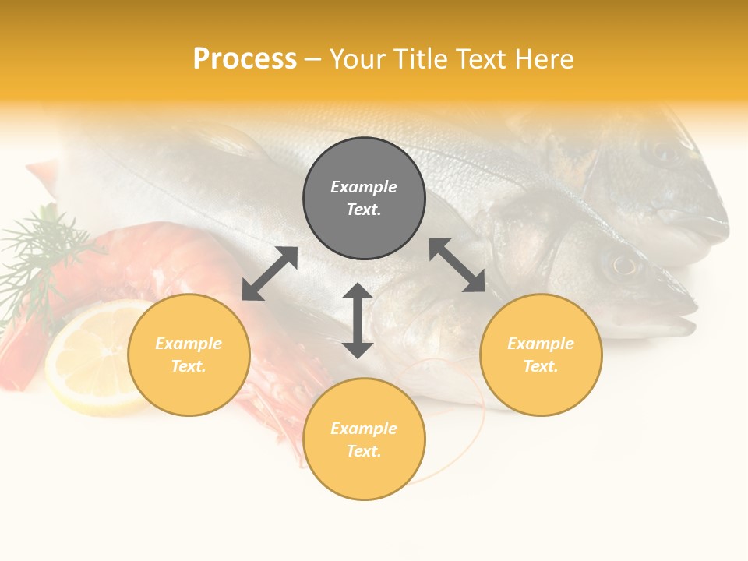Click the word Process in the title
point(245,59)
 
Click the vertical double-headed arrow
point(358,320)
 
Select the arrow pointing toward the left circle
point(270,273)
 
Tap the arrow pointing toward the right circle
point(457,265)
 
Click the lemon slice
point(90,358)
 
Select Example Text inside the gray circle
point(364,198)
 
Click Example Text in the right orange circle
point(541,355)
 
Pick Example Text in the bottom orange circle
point(364,439)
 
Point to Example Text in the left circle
point(189,355)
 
